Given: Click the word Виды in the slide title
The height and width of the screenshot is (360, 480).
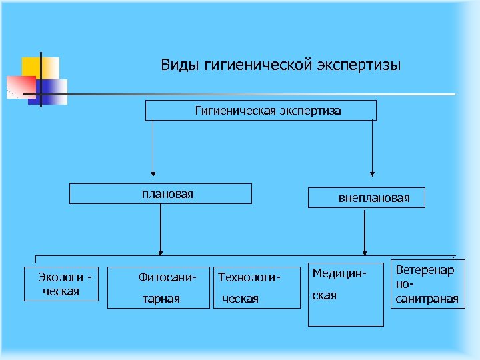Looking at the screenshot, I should click(x=176, y=65).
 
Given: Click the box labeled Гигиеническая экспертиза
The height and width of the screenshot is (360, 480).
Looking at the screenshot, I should click(x=261, y=111).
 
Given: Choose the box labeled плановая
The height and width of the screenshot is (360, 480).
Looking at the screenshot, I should click(x=161, y=194).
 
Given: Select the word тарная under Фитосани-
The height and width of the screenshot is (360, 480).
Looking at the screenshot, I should click(x=161, y=299).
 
